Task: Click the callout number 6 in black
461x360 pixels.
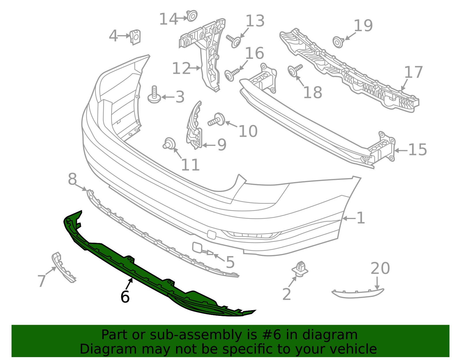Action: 125,297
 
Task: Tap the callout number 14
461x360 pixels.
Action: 169,19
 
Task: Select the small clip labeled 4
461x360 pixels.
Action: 135,37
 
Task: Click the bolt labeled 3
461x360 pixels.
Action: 154,95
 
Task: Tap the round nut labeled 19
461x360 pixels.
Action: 338,42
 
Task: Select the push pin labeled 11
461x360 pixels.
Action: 169,144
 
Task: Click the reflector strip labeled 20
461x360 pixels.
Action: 357,293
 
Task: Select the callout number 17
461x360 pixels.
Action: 413,72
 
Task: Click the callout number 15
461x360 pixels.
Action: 417,150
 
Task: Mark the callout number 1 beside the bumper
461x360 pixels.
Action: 361,218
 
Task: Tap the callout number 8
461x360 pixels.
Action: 72,179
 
